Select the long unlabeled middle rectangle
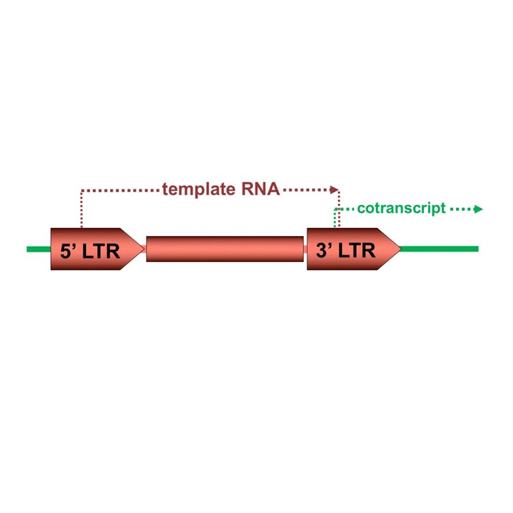coord(225,249)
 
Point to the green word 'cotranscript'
coord(401,208)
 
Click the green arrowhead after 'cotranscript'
coord(478,209)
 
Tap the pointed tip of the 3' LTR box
coord(400,249)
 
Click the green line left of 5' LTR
coord(38,249)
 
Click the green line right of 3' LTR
coord(441,249)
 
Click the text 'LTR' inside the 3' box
coord(356,250)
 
